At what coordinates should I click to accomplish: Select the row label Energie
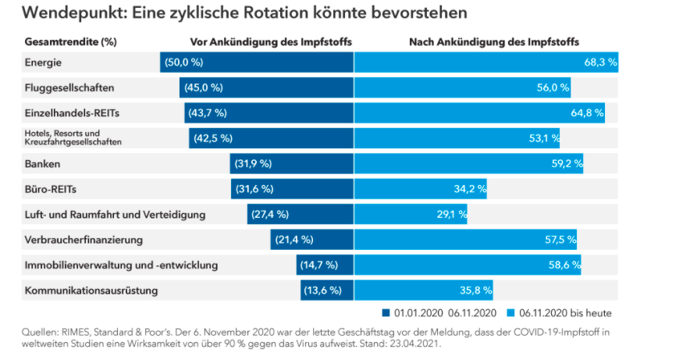click(43, 62)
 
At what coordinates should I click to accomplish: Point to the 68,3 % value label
click(600, 62)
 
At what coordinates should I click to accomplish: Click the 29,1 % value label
click(452, 214)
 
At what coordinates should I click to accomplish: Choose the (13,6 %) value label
click(322, 290)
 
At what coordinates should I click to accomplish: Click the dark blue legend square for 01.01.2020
click(386, 312)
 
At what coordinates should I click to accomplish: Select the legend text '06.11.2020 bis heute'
click(565, 312)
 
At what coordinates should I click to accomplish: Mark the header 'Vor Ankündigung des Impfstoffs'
click(271, 41)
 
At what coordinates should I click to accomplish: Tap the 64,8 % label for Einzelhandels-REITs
click(587, 113)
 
